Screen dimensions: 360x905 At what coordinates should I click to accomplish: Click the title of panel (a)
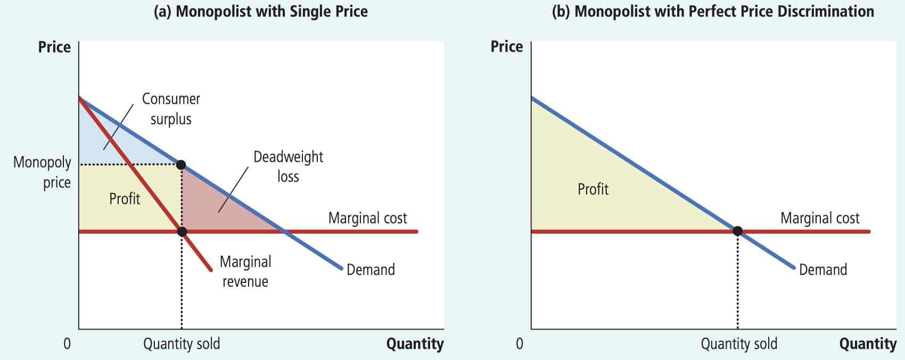coord(260,12)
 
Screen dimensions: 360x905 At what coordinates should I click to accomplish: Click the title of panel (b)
coord(713,12)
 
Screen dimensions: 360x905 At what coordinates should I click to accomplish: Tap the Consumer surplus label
coord(171,109)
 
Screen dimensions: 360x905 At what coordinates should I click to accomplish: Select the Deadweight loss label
coord(288,166)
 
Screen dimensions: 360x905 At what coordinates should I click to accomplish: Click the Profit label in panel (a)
coord(125,199)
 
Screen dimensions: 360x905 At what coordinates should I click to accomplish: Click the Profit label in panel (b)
coord(593,189)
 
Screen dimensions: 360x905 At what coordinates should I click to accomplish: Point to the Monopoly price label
coord(42,172)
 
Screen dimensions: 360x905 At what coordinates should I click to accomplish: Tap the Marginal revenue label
coord(245,272)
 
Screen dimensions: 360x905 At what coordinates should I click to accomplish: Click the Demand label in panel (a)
coord(371,269)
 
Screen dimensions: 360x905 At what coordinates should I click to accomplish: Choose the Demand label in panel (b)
coord(823,269)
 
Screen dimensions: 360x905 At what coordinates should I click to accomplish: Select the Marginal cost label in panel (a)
coord(367,218)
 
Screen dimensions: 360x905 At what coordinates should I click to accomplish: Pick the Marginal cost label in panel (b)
coord(820,218)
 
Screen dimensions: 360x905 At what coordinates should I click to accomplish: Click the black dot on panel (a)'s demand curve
coord(181,165)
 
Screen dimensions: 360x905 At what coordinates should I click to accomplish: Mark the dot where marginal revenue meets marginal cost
coord(182,232)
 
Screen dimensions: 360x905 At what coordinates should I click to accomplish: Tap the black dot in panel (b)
coord(737,231)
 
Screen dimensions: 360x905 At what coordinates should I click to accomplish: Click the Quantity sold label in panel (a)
coord(182,344)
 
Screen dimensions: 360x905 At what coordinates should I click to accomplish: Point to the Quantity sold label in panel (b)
coord(739,344)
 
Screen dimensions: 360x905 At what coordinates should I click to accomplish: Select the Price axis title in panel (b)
coord(506,47)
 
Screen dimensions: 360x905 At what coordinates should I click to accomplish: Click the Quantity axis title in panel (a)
coord(415,344)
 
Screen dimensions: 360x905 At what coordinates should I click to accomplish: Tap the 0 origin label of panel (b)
coord(520,344)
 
